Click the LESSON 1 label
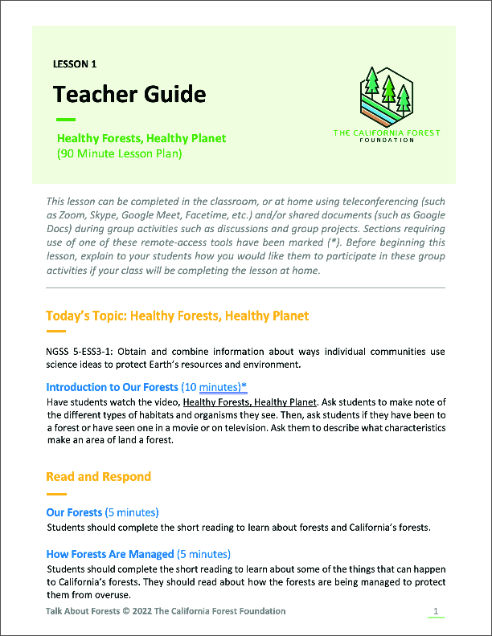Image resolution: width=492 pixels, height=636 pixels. [75, 63]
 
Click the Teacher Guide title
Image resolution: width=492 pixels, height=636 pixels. [129, 95]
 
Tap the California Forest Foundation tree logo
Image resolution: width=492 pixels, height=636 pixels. [387, 94]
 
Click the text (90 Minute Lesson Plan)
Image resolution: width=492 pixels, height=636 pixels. [120, 153]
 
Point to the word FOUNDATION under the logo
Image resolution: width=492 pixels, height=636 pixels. [387, 140]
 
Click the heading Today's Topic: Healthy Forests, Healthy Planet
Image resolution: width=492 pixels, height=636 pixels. [177, 316]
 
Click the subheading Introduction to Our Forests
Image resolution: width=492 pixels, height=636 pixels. [112, 387]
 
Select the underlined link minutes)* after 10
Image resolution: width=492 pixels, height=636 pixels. [223, 387]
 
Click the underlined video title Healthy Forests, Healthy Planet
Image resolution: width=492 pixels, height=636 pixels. [251, 402]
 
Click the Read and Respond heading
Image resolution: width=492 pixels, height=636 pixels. [98, 476]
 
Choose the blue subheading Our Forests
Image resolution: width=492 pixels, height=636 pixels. [74, 512]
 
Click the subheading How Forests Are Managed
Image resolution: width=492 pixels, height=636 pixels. [109, 554]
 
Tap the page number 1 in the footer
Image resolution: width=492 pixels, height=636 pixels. [435, 612]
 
